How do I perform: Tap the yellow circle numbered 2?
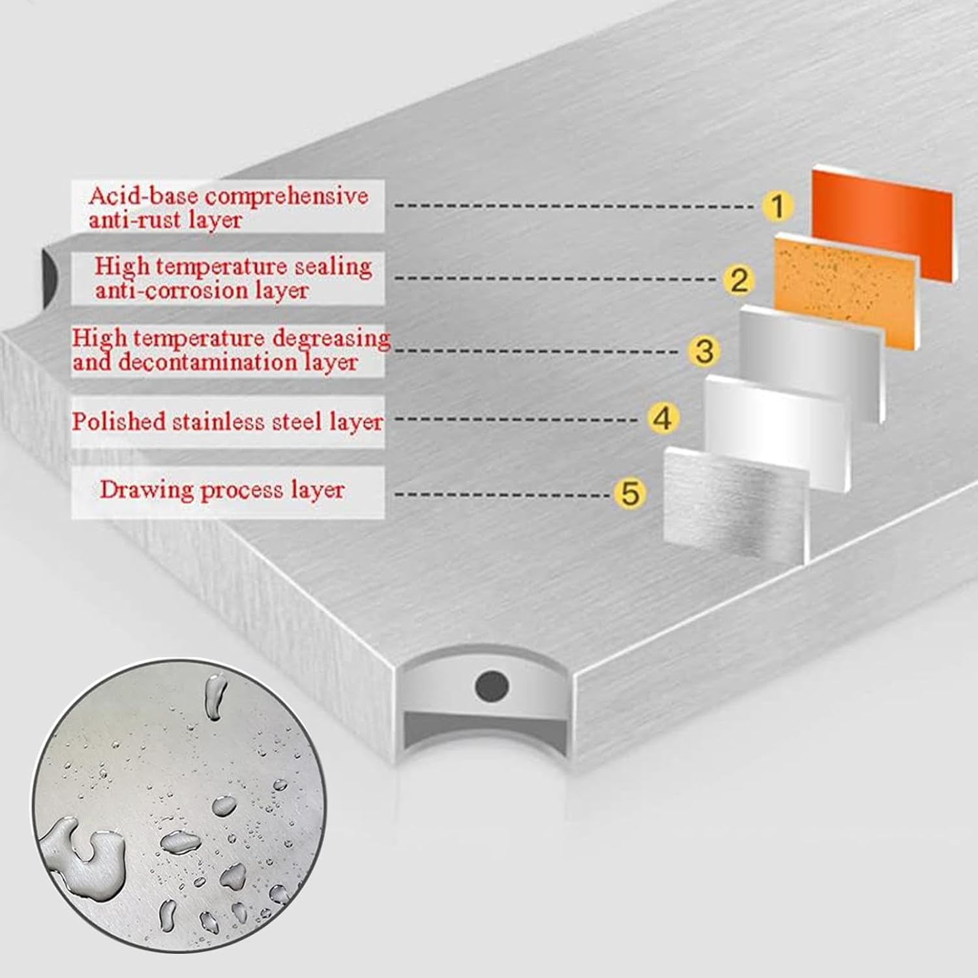[x=739, y=280]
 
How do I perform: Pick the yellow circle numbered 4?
[x=662, y=419]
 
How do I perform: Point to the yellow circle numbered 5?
[x=630, y=493]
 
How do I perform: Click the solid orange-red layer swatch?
[x=882, y=225]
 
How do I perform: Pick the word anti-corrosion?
[x=165, y=291]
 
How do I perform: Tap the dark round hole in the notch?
[x=492, y=685]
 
